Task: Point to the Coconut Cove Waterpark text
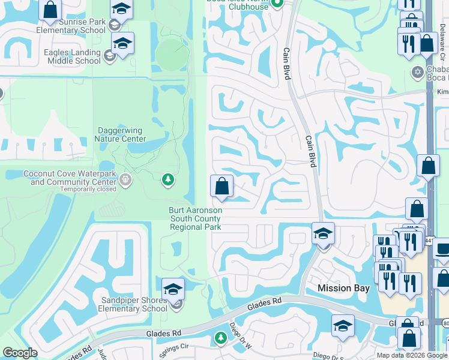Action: (69, 174)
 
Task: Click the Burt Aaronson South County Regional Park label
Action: (195, 219)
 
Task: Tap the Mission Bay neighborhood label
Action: (343, 288)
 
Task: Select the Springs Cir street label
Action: (173, 346)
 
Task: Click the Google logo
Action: (20, 353)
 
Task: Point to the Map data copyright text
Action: (412, 355)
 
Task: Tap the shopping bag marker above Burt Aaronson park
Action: (221, 186)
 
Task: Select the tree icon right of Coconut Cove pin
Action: (169, 179)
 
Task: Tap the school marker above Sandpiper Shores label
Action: (173, 289)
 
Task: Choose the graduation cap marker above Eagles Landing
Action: (122, 44)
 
